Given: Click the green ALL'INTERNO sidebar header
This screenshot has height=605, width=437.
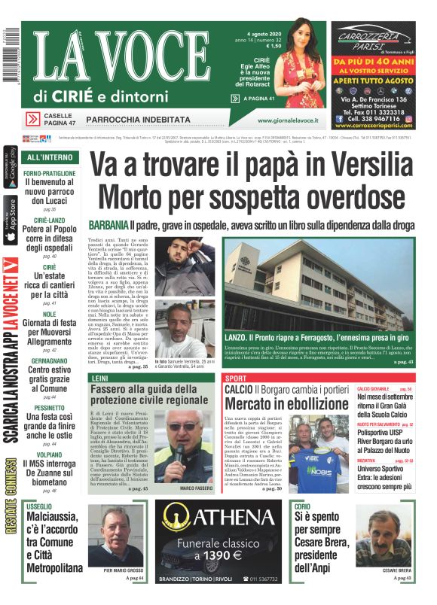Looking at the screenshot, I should tap(49, 158).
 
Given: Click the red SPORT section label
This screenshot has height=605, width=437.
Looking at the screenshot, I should tap(236, 378).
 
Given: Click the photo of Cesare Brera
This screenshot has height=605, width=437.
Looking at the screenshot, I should tap(384, 538).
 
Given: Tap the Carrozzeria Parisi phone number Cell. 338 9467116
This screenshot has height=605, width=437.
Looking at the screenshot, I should tap(372, 118).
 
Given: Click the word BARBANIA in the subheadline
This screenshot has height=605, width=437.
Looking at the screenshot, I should tap(107, 225).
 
